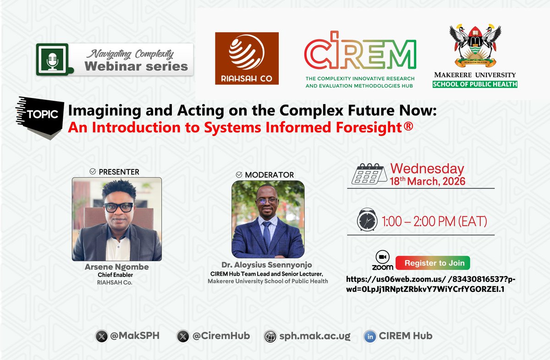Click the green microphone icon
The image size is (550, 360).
(x=52, y=59)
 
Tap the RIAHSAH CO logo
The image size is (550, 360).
(x=247, y=58)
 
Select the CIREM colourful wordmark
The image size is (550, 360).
(x=360, y=50)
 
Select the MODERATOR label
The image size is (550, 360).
(x=269, y=175)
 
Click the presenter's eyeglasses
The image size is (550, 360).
(x=119, y=207)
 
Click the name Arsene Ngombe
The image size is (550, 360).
(x=117, y=267)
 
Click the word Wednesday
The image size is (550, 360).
(x=427, y=169)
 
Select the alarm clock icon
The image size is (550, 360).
(x=367, y=221)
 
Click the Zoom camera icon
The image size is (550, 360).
(x=382, y=257)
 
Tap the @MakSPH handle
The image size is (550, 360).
(x=135, y=336)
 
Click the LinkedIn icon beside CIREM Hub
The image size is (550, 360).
(x=370, y=336)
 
